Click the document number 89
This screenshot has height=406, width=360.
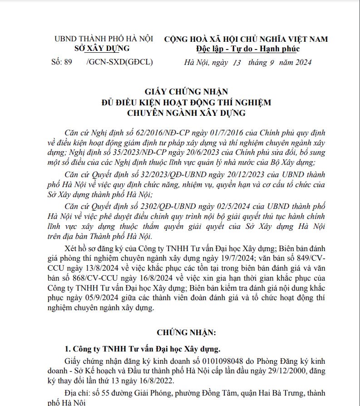(x=68, y=62)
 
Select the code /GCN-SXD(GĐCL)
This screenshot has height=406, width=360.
(x=119, y=62)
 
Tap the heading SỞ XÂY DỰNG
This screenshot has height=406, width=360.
(x=101, y=49)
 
